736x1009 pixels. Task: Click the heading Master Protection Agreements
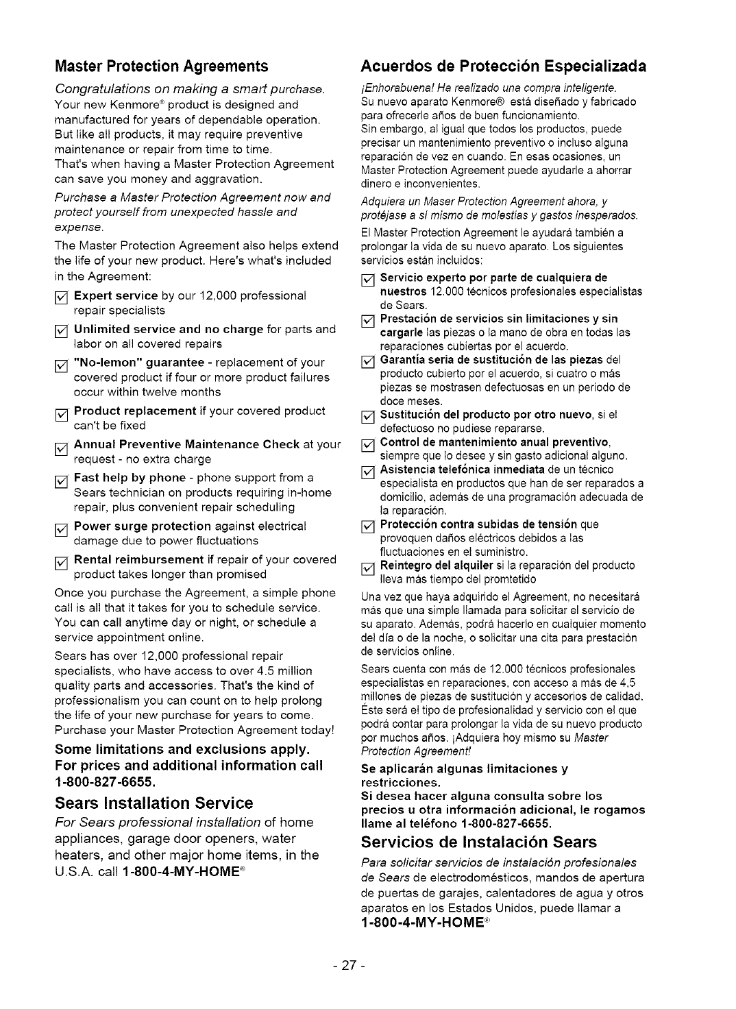tap(161, 66)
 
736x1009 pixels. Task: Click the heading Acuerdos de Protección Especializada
tap(504, 66)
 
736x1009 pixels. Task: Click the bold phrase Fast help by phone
tap(130, 477)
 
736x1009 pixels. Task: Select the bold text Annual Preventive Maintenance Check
tap(186, 444)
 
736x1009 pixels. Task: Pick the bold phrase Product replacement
tap(135, 411)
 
